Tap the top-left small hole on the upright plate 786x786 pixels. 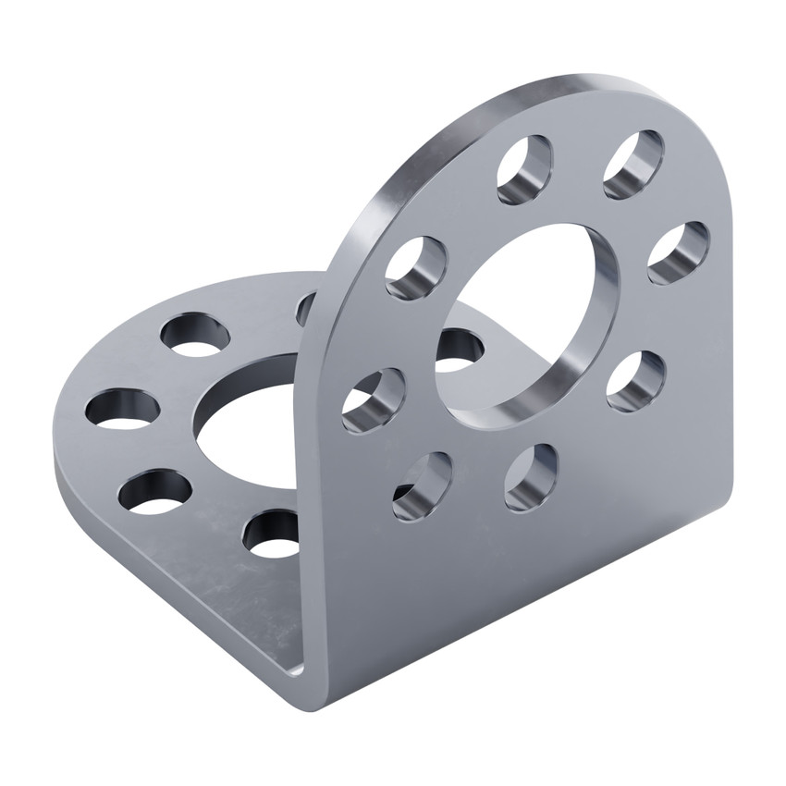click(525, 169)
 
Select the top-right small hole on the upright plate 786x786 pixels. click(633, 165)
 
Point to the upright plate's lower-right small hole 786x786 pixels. click(636, 381)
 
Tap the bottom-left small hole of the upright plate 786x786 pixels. click(423, 485)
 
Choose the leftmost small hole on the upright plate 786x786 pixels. click(373, 400)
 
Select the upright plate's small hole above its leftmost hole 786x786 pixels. click(416, 267)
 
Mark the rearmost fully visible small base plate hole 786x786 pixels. click(195, 335)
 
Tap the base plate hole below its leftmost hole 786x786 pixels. click(155, 492)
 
